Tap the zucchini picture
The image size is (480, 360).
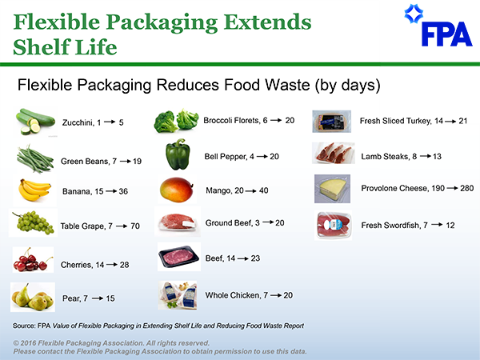[35, 122]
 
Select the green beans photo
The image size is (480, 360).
[35, 159]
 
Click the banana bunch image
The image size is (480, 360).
[34, 190]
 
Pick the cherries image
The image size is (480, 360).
[33, 259]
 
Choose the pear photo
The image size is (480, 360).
[33, 297]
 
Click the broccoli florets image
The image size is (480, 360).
[176, 121]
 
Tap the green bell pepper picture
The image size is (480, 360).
[178, 154]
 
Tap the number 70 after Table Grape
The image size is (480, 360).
[134, 226]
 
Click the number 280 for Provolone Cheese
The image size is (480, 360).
[467, 188]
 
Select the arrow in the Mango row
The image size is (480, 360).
[248, 191]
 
